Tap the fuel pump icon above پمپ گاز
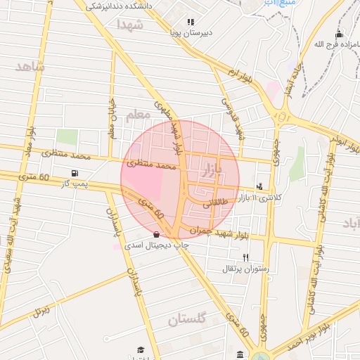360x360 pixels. (75, 173)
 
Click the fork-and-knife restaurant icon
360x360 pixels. (245, 257)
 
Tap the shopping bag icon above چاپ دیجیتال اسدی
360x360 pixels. (156, 234)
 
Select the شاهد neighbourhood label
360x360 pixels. (28, 67)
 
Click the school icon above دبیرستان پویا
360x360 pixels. (191, 22)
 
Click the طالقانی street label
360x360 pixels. (216, 204)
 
